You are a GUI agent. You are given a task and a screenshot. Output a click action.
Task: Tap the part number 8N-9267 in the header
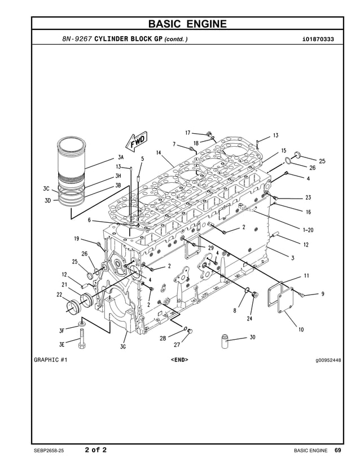tap(77, 39)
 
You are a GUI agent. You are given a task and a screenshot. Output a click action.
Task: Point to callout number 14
tap(159, 152)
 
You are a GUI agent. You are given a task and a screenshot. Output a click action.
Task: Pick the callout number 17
tap(188, 133)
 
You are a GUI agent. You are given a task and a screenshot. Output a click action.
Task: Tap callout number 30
tap(252, 337)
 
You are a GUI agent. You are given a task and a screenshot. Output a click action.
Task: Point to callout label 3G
tap(122, 347)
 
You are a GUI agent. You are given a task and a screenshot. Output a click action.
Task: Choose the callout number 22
tap(59, 294)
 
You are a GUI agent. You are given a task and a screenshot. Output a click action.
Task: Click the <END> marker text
tap(179, 359)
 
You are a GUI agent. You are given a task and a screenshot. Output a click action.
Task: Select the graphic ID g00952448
tap(328, 359)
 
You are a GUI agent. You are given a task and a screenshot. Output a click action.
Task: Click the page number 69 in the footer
tap(337, 450)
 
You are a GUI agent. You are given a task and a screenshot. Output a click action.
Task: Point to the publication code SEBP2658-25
tap(52, 450)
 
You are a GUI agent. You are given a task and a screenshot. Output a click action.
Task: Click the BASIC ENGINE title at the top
tap(187, 24)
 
